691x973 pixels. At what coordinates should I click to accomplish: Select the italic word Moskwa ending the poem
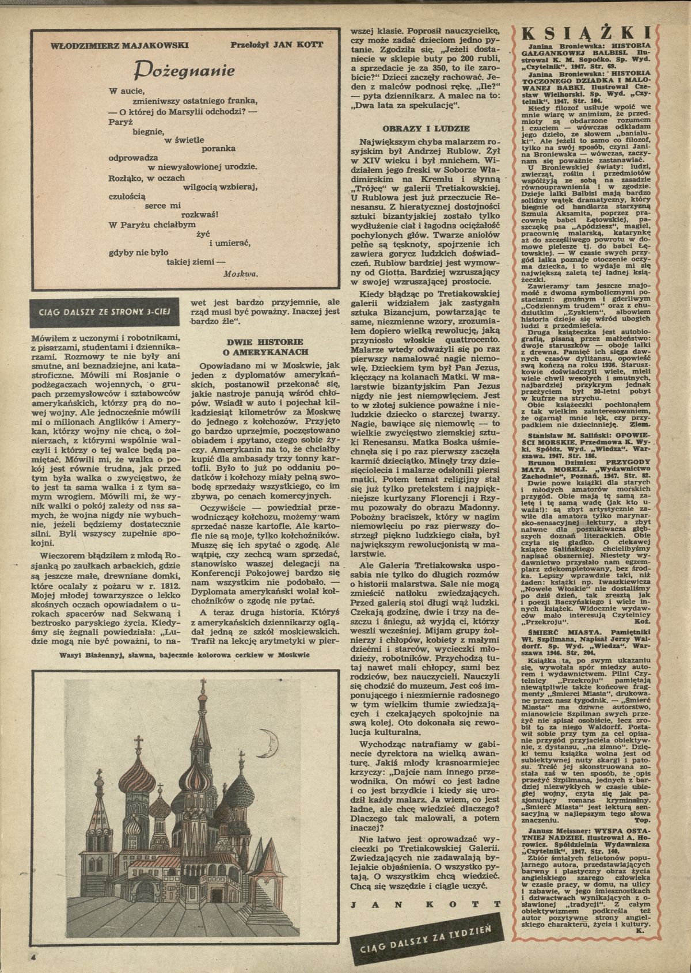[240, 274]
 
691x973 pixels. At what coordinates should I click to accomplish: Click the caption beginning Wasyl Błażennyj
[184, 655]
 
